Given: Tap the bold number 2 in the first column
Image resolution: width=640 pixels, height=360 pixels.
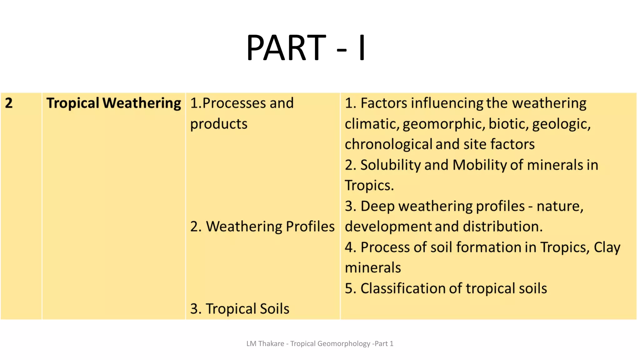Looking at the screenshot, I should click(x=9, y=103).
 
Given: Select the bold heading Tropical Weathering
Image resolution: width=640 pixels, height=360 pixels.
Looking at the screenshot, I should click(x=113, y=103).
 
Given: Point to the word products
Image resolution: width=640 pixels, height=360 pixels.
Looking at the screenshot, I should click(x=219, y=124).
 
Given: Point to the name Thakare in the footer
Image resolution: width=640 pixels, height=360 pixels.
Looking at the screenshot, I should click(x=271, y=344).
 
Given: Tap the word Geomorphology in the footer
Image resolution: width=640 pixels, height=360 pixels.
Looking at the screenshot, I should click(x=343, y=344).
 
